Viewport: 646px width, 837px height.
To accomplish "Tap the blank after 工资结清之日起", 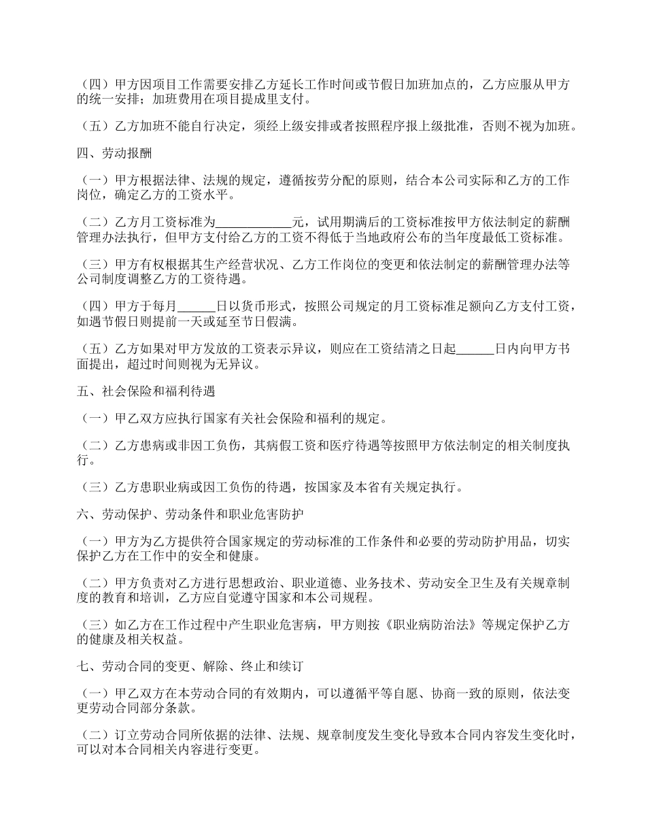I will coord(474,349).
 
